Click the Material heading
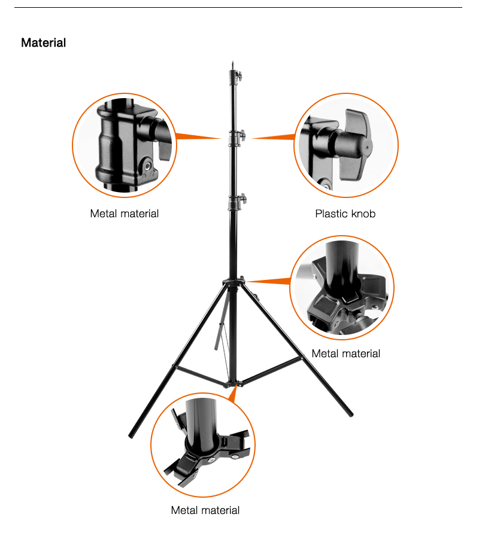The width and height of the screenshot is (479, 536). (x=44, y=42)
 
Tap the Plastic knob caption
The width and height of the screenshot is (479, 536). (x=345, y=214)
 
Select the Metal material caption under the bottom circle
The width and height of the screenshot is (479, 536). (x=205, y=510)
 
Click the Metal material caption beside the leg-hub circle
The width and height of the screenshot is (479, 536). (x=346, y=354)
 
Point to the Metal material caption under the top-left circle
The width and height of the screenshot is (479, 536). (x=125, y=214)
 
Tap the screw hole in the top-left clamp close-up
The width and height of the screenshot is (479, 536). (x=147, y=166)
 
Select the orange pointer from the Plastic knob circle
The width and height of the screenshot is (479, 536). (x=273, y=138)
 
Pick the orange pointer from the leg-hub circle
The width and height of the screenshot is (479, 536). (x=269, y=281)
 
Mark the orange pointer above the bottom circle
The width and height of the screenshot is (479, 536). (x=233, y=393)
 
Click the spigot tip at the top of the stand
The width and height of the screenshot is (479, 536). (x=233, y=64)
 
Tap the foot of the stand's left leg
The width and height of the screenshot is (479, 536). (x=131, y=435)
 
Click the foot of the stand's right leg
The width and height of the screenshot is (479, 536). (x=350, y=414)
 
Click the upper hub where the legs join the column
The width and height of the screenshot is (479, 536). (x=234, y=282)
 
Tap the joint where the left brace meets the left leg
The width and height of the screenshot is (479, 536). (x=177, y=367)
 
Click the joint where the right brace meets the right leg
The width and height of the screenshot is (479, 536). (x=302, y=358)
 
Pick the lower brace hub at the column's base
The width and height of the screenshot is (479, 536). (x=234, y=384)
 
